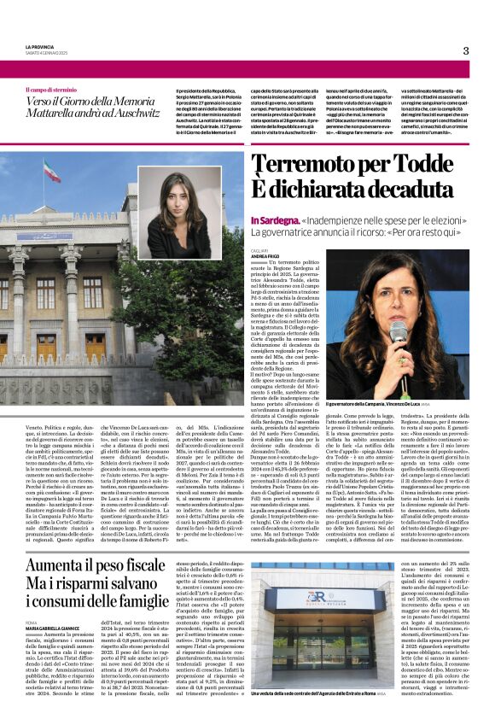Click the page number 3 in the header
pyautogui.click(x=465, y=51)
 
